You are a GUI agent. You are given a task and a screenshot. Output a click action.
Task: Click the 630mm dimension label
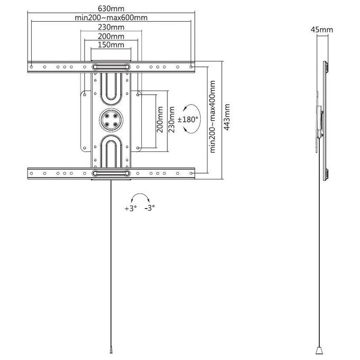[111, 8]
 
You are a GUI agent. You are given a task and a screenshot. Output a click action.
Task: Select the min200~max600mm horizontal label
[111, 17]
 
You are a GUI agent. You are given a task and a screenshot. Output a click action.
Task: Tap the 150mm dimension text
[111, 45]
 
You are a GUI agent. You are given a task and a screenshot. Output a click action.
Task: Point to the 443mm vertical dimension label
[227, 118]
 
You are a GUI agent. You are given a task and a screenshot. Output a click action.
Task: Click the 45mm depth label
[322, 30]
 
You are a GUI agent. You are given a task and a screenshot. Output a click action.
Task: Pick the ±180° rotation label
[188, 120]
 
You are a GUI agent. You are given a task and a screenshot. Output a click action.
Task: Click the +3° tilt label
[131, 209]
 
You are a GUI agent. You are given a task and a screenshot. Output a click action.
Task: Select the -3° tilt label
[150, 208]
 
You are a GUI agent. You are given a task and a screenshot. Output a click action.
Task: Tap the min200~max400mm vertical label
[213, 116]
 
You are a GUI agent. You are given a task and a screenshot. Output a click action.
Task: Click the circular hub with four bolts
[111, 120]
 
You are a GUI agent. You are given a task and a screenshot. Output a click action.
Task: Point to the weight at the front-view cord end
[111, 350]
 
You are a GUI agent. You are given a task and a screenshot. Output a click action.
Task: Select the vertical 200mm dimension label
[160, 120]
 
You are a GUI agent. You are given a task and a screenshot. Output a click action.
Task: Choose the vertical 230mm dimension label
[172, 120]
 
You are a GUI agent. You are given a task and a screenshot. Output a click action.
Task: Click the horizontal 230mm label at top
[111, 27]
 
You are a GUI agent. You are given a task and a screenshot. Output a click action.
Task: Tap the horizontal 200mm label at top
[111, 37]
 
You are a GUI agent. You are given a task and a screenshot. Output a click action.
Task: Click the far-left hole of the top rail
[31, 67]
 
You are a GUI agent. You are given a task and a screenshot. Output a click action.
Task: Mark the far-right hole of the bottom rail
[191, 173]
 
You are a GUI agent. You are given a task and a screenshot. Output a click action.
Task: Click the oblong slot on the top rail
[111, 67]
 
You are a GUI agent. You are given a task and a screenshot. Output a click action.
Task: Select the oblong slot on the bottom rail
[111, 173]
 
